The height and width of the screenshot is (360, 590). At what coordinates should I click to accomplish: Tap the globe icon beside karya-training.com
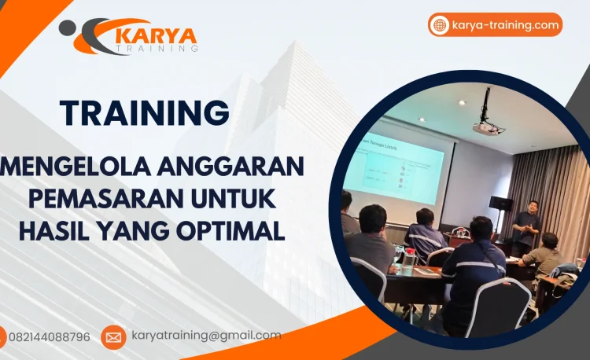point(440,25)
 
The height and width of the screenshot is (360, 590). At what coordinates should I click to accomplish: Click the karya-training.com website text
point(506,25)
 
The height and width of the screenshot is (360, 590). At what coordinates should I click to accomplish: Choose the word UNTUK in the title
point(235,200)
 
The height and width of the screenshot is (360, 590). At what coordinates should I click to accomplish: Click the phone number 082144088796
point(49,337)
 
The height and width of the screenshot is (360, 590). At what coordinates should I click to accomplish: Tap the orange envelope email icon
point(113,337)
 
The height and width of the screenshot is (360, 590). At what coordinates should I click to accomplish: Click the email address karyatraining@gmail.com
point(206,336)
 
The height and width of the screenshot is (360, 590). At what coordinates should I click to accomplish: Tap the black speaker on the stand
point(500,204)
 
